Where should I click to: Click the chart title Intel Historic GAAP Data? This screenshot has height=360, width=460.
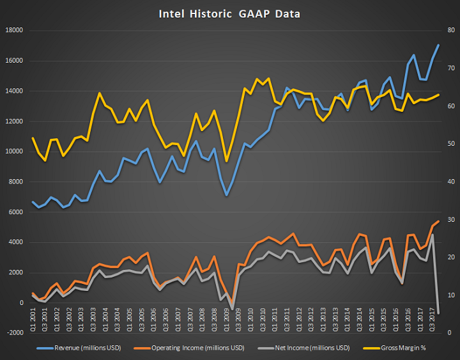(x=229, y=13)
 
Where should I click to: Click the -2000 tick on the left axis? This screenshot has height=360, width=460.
(x=13, y=333)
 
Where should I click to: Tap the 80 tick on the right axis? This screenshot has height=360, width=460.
(x=450, y=31)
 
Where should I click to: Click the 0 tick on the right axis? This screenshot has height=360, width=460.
(x=450, y=333)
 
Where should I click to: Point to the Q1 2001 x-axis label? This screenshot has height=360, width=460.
(x=33, y=318)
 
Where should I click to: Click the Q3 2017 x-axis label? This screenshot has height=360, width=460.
(x=432, y=318)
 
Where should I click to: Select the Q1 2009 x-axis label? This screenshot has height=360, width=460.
(x=226, y=318)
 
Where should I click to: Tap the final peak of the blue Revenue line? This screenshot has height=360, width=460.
(x=438, y=45)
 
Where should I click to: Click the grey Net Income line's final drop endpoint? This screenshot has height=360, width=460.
(x=438, y=313)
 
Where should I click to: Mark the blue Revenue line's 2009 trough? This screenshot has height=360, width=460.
(x=226, y=194)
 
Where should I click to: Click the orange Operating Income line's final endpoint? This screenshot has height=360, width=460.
(x=438, y=221)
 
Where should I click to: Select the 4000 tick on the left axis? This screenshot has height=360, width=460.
(x=15, y=242)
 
